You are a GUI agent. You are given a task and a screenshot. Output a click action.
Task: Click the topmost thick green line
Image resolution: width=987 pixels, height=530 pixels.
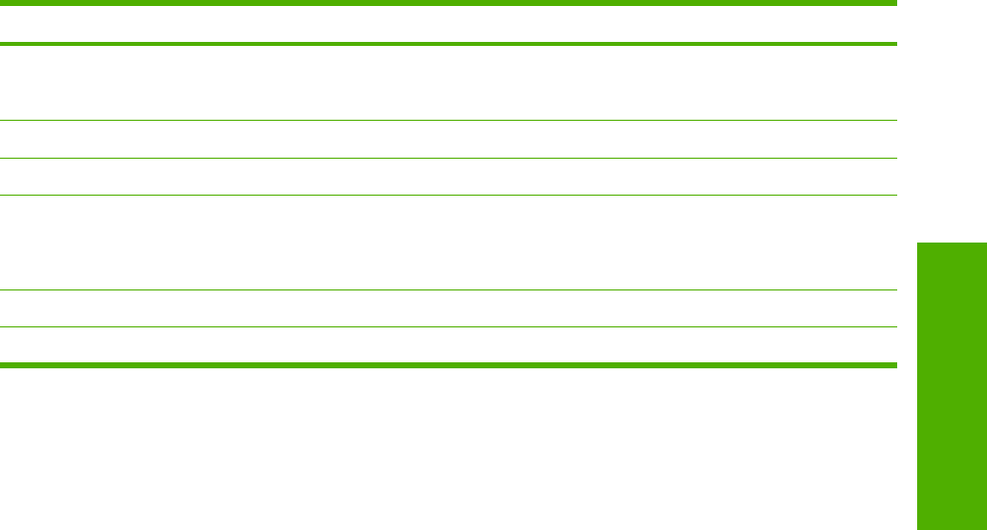point(448,4)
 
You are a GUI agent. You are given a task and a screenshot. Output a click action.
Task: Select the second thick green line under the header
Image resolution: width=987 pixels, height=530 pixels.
point(448,44)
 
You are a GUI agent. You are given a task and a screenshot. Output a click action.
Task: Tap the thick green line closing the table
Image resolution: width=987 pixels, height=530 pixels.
point(448,365)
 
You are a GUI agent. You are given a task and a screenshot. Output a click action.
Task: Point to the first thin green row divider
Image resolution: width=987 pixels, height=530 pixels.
point(448,122)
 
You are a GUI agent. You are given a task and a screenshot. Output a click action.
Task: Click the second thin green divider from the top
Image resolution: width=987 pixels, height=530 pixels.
point(448,159)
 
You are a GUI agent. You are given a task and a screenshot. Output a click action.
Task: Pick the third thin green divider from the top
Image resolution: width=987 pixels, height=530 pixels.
point(448,195)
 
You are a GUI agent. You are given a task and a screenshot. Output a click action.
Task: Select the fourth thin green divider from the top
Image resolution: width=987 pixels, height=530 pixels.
point(448,290)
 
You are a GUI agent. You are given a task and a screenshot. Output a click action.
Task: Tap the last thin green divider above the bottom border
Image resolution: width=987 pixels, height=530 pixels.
point(448,327)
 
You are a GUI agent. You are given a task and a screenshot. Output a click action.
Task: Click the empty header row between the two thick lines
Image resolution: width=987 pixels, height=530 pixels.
point(448,24)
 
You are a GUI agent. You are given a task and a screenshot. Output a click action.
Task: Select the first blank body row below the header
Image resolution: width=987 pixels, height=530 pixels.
point(448,84)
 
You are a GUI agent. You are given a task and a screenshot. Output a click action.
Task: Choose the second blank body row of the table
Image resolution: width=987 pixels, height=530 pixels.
point(448,141)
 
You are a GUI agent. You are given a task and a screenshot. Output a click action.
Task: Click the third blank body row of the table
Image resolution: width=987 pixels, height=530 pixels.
point(448,177)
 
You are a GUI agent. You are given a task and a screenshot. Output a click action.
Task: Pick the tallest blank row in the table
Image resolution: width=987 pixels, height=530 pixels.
point(448,243)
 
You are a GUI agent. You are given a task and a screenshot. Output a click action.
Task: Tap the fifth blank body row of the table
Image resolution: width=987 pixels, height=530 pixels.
point(448,309)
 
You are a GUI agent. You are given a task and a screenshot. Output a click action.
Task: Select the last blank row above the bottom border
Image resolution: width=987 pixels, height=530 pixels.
point(448,345)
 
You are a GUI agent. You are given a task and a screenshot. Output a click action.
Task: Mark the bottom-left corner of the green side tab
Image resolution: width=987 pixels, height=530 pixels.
point(917,528)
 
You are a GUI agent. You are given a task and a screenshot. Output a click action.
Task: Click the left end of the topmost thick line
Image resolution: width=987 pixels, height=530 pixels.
point(2,4)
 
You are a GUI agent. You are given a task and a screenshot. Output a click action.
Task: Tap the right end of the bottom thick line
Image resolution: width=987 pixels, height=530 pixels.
point(895,365)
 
